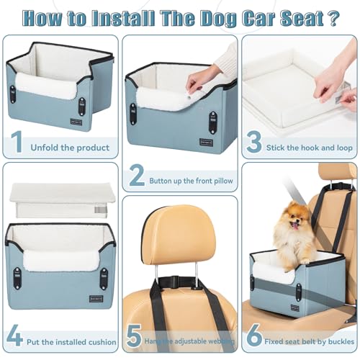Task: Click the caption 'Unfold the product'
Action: [70, 148]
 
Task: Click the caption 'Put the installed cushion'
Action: [71, 339]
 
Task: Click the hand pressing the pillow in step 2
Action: [205, 72]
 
